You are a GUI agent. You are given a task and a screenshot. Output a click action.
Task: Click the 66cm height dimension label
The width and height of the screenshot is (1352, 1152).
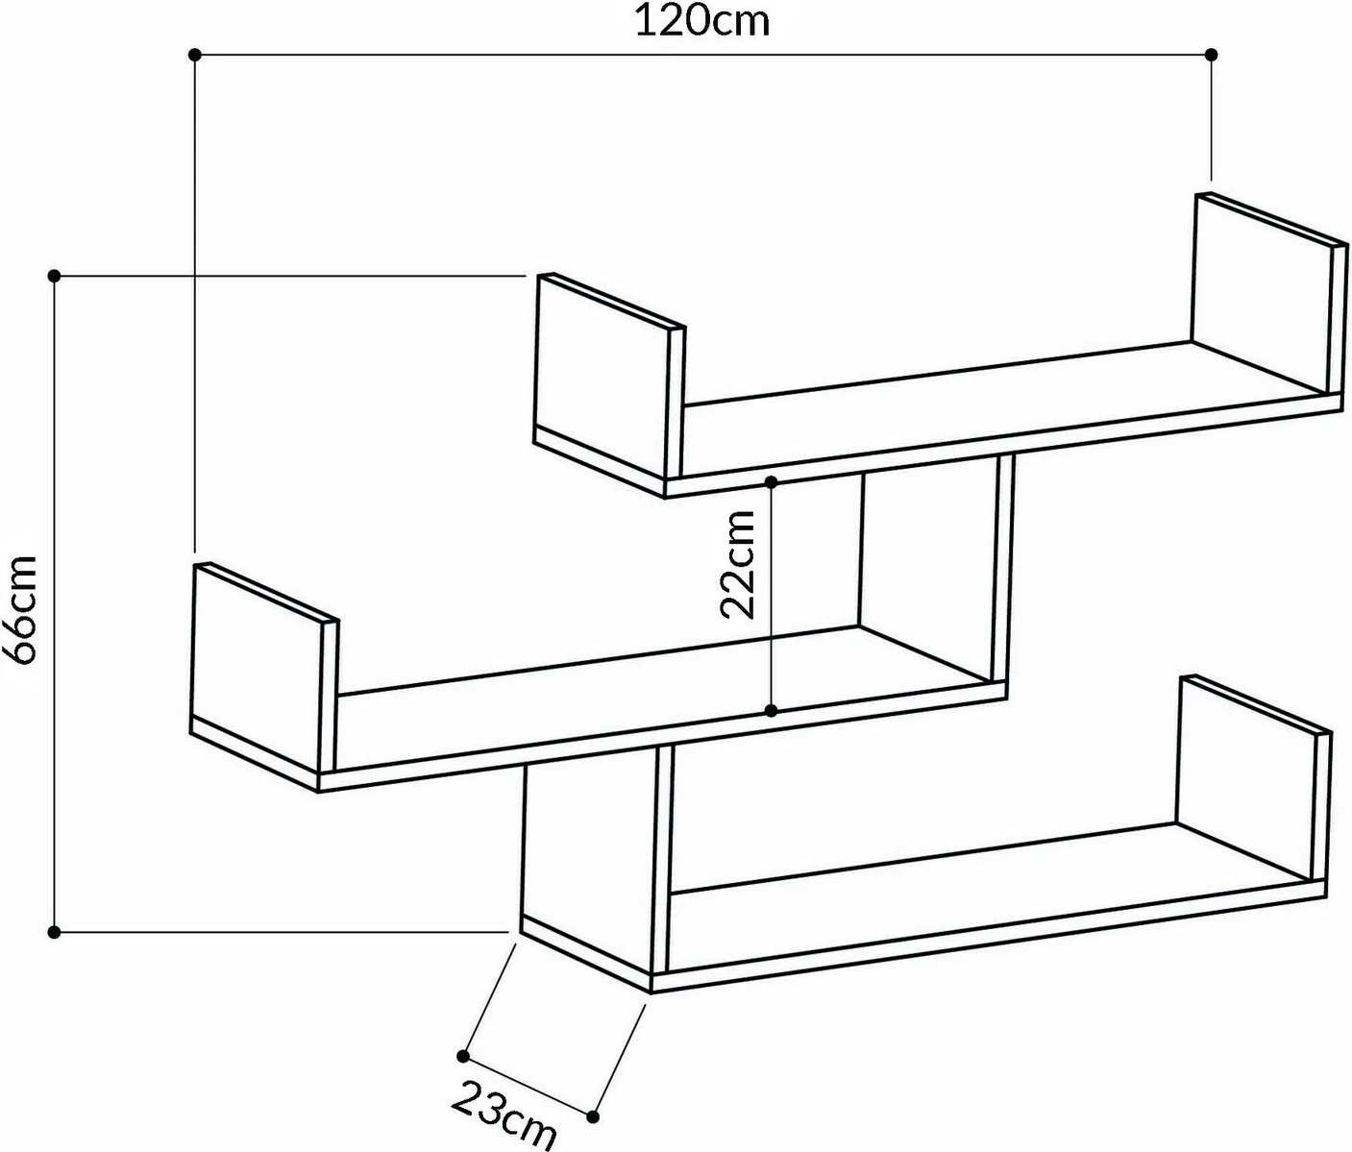21,608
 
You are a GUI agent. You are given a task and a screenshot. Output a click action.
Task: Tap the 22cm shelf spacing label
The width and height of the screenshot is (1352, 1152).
738,564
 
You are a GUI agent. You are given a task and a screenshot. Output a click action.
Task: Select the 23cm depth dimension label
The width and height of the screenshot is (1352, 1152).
504,1114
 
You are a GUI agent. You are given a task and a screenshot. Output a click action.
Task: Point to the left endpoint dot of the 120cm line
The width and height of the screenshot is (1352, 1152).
195,55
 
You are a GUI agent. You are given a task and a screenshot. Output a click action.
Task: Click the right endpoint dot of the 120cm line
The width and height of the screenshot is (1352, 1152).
1211,55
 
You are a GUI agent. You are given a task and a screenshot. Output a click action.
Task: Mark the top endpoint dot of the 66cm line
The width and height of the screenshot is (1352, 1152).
55,277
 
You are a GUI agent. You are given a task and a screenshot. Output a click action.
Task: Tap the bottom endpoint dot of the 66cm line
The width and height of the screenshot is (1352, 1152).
55,932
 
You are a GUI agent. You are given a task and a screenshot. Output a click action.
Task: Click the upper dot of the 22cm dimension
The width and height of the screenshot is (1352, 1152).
771,479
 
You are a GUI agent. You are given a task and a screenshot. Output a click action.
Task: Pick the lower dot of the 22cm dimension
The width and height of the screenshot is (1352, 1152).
771,711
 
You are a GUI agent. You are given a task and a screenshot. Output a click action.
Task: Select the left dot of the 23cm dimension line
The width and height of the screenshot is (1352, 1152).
463,1056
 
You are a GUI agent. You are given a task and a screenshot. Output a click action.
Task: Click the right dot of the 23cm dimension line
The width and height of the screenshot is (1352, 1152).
593,1116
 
